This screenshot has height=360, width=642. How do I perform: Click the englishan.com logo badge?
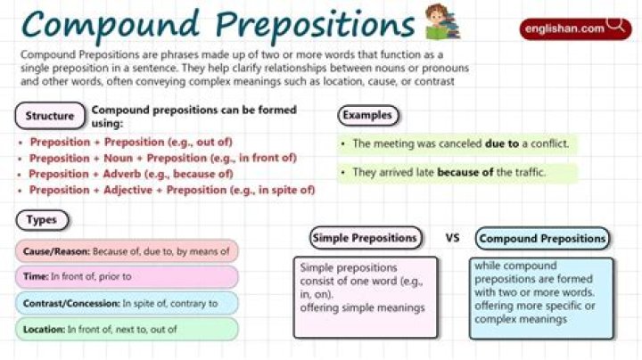(576, 29)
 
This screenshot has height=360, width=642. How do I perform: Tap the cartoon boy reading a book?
(442, 22)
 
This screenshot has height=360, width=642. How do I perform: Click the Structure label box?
(50, 116)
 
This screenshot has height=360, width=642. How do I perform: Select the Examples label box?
(367, 115)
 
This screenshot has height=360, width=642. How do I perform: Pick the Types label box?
(42, 220)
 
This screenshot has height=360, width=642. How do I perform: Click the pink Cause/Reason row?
(127, 251)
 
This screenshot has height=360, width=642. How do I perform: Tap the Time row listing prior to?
(127, 277)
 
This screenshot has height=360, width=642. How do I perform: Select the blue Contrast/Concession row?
(127, 304)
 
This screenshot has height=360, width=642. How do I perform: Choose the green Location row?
(127, 330)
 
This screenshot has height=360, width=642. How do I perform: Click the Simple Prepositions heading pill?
(366, 238)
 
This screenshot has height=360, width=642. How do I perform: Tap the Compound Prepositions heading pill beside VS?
(542, 239)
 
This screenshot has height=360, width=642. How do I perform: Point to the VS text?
(452, 238)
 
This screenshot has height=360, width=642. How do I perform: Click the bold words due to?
(501, 143)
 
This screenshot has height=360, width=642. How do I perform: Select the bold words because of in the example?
(465, 172)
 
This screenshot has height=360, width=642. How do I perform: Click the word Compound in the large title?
(111, 25)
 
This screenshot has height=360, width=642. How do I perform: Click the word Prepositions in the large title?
(316, 25)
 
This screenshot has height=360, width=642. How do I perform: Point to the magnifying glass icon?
(615, 24)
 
